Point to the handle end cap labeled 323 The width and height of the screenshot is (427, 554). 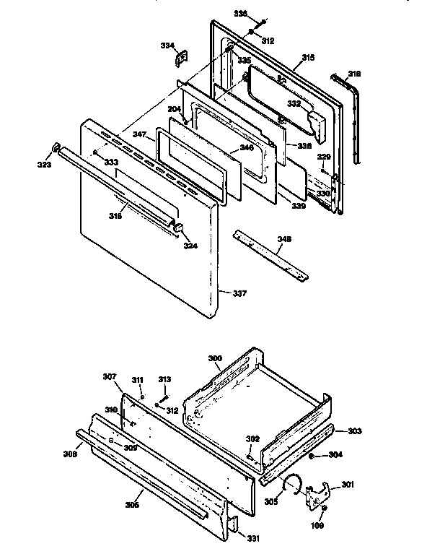click(54, 149)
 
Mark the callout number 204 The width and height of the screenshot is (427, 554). click(174, 109)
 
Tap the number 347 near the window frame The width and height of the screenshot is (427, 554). click(139, 135)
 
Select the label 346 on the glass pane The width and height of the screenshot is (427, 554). click(247, 147)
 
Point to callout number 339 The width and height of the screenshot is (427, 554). click(298, 206)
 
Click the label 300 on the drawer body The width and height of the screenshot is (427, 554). click(215, 358)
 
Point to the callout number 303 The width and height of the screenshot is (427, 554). click(354, 431)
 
